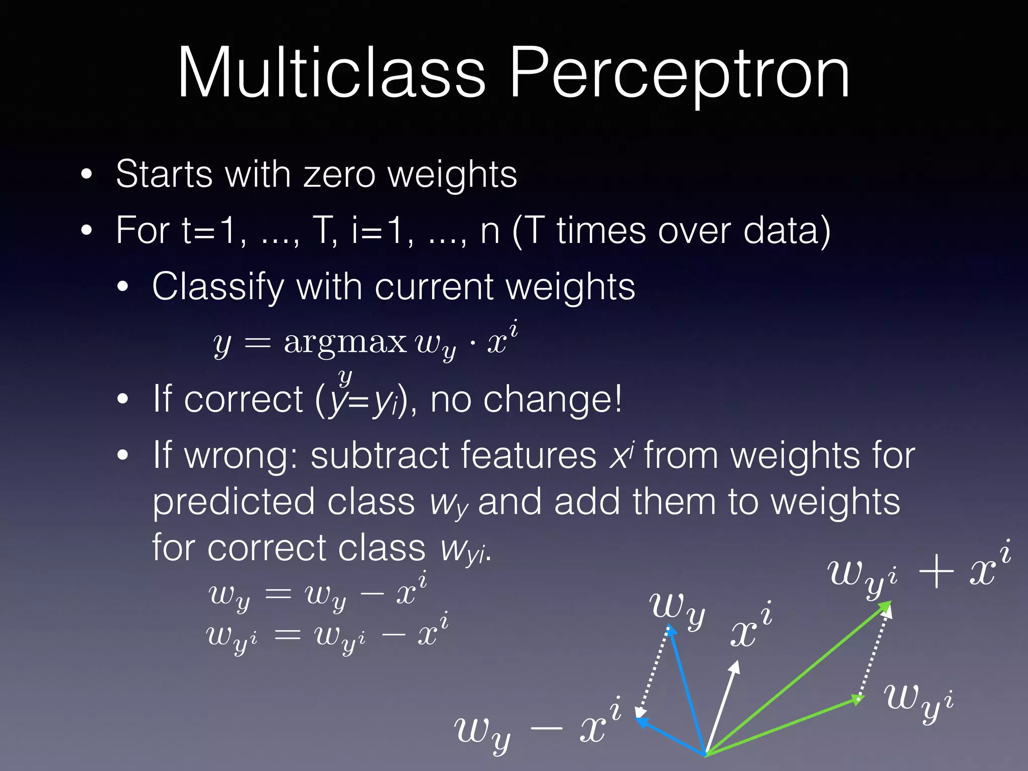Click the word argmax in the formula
click(x=345, y=342)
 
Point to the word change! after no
click(x=552, y=400)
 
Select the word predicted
click(x=233, y=502)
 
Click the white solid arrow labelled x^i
click(x=722, y=708)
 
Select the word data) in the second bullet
click(x=787, y=231)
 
